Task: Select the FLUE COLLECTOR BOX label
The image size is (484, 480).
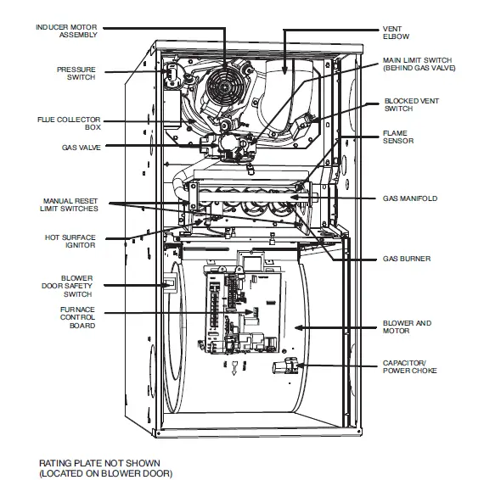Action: (x=74, y=122)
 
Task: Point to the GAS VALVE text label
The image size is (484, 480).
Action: (x=79, y=146)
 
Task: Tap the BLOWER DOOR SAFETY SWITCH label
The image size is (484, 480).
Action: (x=74, y=287)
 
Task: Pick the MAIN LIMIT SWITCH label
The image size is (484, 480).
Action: (x=417, y=64)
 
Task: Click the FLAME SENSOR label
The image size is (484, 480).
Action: (x=398, y=137)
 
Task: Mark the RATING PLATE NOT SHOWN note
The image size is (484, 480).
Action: (x=105, y=467)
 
